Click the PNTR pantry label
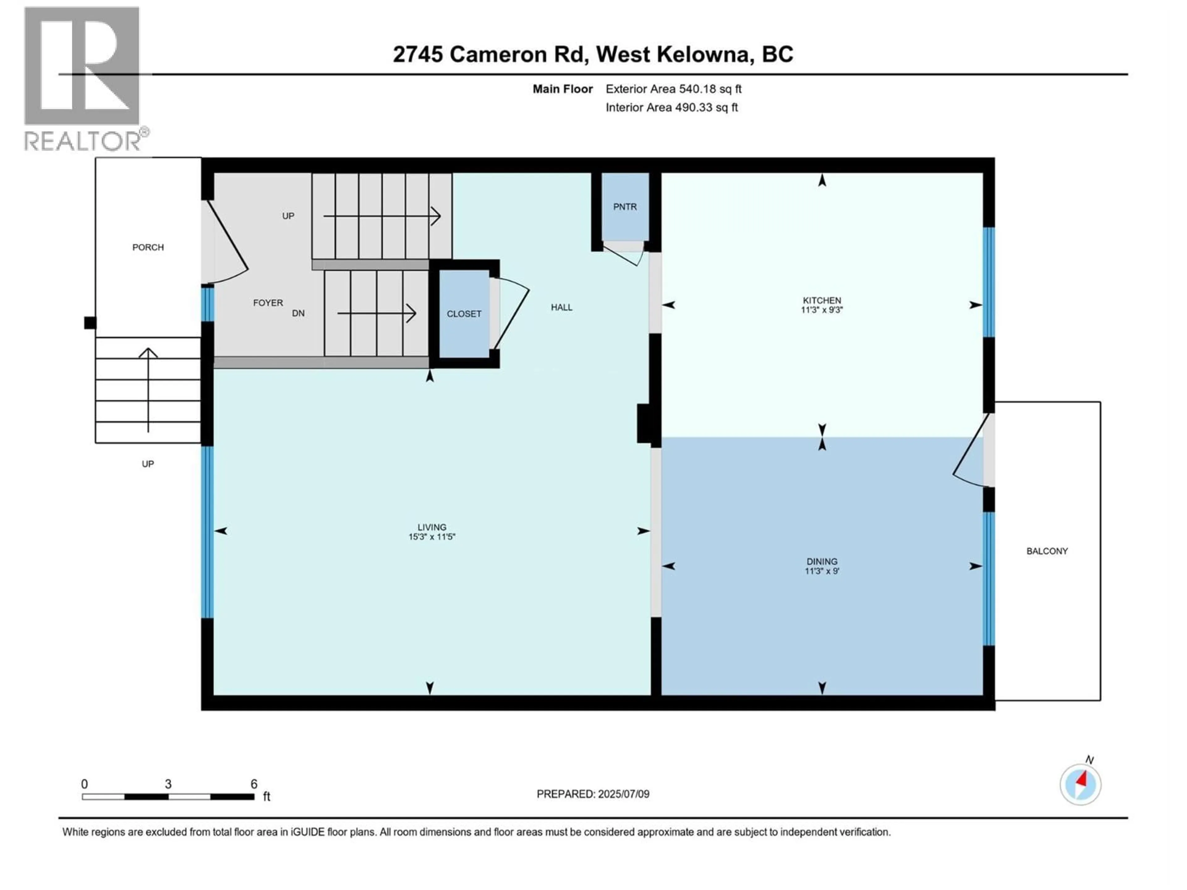tap(625, 206)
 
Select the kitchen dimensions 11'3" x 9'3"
tap(822, 310)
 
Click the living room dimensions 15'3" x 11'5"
tap(432, 536)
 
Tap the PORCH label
tap(148, 247)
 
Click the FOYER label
tap(268, 303)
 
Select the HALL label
tap(561, 307)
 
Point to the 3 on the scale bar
tap(168, 784)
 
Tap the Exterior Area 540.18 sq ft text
tap(674, 89)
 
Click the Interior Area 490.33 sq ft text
tap(671, 107)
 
